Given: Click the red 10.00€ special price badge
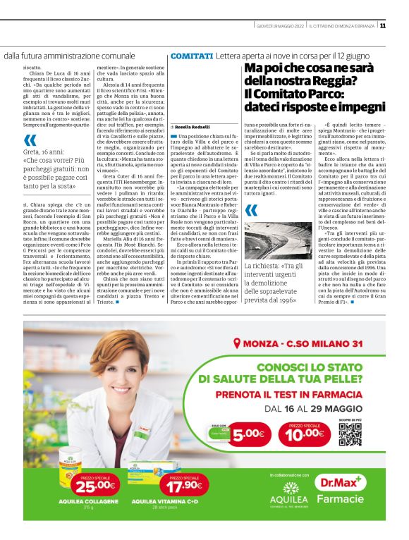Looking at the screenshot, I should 306,434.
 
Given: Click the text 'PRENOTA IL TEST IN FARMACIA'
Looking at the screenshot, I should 285,394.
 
